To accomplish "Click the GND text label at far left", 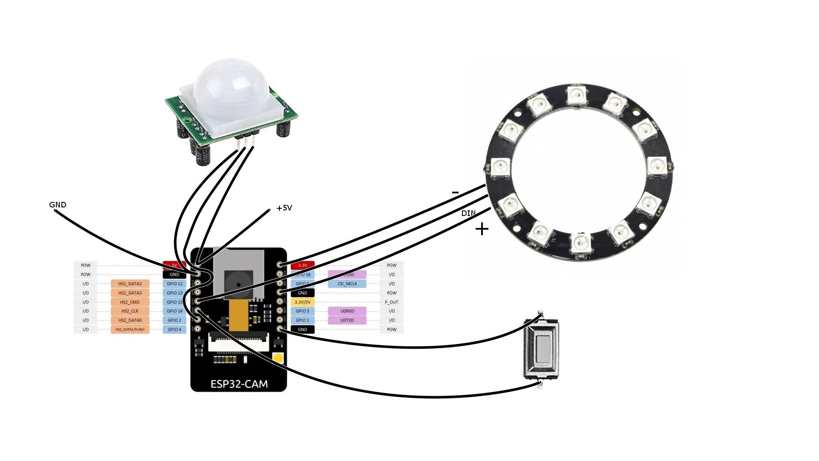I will pos(58,205).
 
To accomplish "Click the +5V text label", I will pos(284,208).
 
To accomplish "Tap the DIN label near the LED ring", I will pos(468,213).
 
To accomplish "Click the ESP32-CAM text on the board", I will pos(239,384).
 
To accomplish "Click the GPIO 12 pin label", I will pos(174,284).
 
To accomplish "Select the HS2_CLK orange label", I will pos(130,311).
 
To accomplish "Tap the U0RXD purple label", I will pos(347,311).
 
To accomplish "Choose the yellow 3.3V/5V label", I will pos(302,302).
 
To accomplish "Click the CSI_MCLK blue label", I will pos(347,284).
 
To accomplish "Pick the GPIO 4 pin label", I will pos(174,330).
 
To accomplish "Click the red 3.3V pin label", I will pos(302,266).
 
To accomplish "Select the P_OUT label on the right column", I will pos(391,302).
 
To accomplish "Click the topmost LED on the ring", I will pos(577,95).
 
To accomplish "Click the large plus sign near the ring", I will pos(482,229).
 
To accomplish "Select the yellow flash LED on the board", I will pos(278,358).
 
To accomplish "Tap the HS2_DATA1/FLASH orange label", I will pos(130,330).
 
